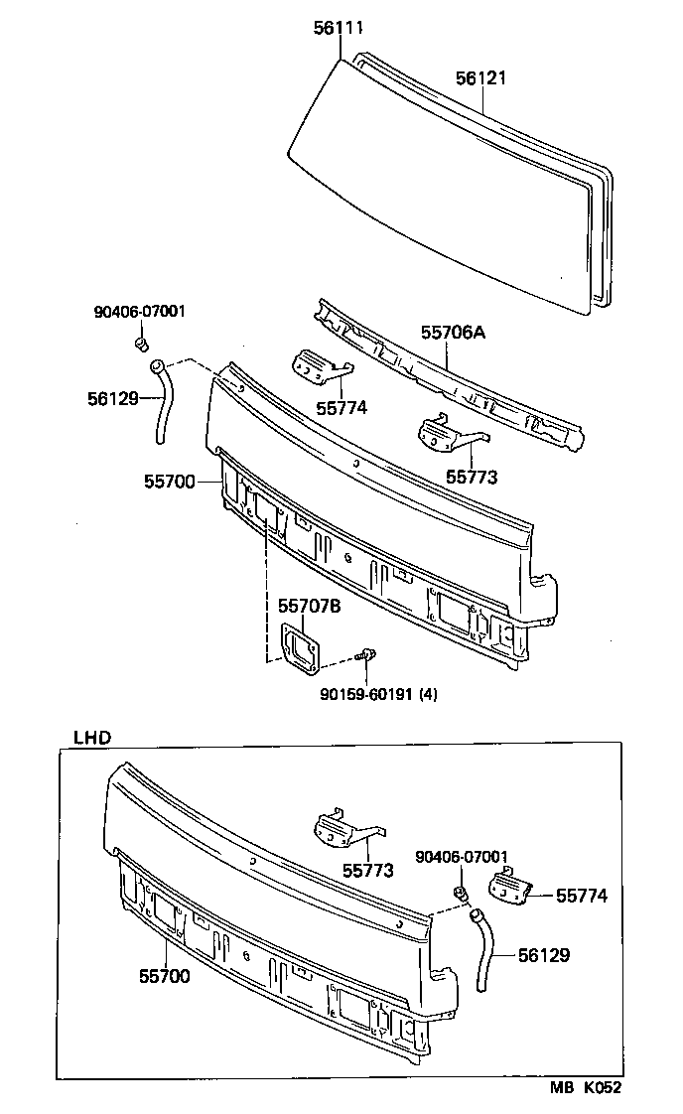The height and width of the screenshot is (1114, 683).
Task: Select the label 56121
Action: point(481,78)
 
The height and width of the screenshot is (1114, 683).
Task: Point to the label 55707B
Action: point(309,606)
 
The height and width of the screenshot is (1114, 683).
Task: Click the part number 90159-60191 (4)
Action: point(363,694)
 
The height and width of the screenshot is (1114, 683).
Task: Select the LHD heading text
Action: point(92,737)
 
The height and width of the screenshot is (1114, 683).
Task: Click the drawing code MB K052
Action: point(587,1087)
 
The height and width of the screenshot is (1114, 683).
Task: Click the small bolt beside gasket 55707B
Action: point(368,654)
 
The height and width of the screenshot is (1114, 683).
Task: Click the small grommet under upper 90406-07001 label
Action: point(141,345)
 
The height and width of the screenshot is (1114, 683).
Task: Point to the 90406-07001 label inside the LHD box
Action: point(462,857)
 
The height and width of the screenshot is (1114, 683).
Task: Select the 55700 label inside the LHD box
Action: point(164,976)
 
